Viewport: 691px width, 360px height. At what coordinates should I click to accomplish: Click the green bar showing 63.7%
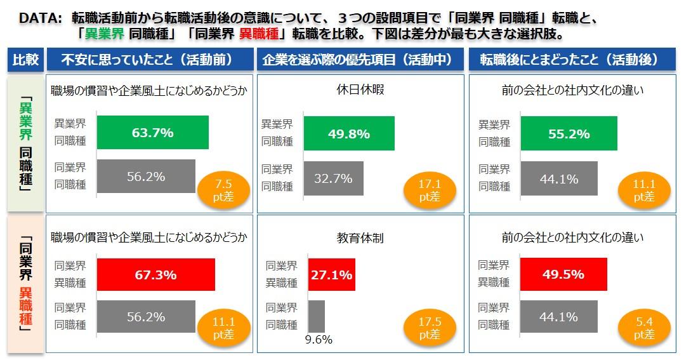pyautogui.click(x=153, y=133)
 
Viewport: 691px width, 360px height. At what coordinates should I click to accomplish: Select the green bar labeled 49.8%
pyautogui.click(x=348, y=133)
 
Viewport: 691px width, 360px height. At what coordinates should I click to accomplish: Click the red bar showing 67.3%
pyautogui.click(x=155, y=274)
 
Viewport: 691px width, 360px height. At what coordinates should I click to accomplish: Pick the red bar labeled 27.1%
pyautogui.click(x=331, y=274)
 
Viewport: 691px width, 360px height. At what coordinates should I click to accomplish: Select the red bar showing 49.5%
pyautogui.click(x=563, y=274)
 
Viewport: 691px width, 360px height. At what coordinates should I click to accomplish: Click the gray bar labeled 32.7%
pyautogui.click(x=333, y=178)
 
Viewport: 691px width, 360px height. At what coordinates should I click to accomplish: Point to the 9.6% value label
pyautogui.click(x=319, y=340)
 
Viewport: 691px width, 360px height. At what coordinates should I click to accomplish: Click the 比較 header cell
pyautogui.click(x=26, y=60)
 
